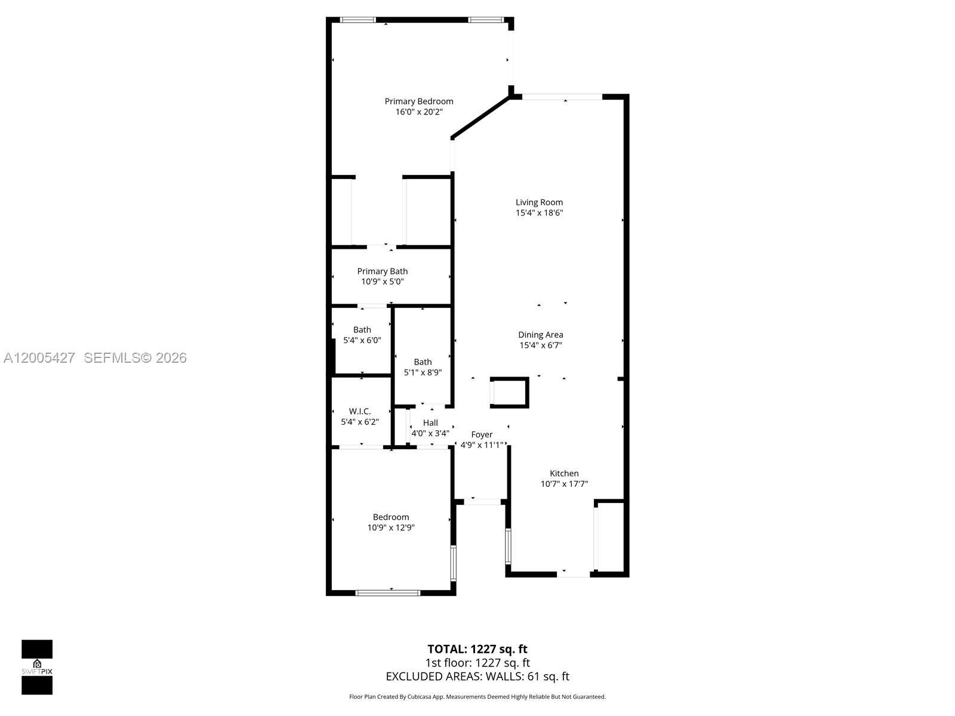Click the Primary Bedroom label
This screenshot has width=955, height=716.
[418, 101]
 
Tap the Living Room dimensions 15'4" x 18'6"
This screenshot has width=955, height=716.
[539, 213]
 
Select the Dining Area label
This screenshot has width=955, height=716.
[540, 335]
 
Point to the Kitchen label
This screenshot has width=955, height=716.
[564, 473]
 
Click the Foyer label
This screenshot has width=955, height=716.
[482, 434]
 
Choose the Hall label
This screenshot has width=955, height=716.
[430, 422]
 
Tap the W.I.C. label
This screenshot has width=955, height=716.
[360, 411]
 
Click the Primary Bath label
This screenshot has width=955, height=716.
[383, 271]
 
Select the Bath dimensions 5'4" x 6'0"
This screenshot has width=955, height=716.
[362, 340]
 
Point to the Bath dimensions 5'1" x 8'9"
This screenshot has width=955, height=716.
[423, 372]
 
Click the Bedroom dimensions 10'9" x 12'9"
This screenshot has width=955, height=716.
[391, 527]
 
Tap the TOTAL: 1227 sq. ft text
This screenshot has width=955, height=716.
[478, 649]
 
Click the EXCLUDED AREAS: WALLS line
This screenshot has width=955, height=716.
[478, 677]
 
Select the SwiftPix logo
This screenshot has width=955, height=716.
[37, 667]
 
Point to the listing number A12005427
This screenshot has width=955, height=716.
[39, 358]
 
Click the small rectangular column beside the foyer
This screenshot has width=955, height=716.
[509, 393]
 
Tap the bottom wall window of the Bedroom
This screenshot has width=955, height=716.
[388, 592]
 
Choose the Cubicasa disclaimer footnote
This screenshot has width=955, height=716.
[478, 697]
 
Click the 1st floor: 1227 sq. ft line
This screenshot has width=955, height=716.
[478, 663]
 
